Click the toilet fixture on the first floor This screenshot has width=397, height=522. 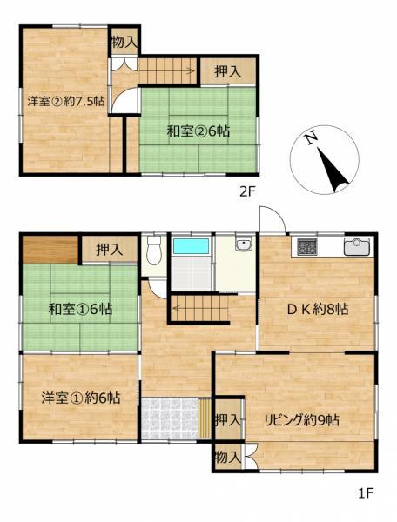coord(153,250)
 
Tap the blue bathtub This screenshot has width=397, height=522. coord(192,246)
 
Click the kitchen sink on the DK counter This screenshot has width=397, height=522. coord(357,246)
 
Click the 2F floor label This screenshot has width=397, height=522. coord(246,191)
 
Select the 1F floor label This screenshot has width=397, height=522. coord(367,493)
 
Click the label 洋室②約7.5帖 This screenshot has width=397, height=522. coord(66,101)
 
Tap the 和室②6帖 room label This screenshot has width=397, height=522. coord(198,131)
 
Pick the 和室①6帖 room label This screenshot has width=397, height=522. coord(80,309)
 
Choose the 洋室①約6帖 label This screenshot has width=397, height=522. coord(81,398)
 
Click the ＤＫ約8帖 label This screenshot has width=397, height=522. coord(318,309)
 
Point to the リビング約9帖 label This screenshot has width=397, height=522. coord(302,420)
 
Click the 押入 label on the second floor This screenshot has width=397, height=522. coord(228,71)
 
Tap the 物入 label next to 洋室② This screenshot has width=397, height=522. coord(124,43)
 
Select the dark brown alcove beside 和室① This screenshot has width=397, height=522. coord(50,250)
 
